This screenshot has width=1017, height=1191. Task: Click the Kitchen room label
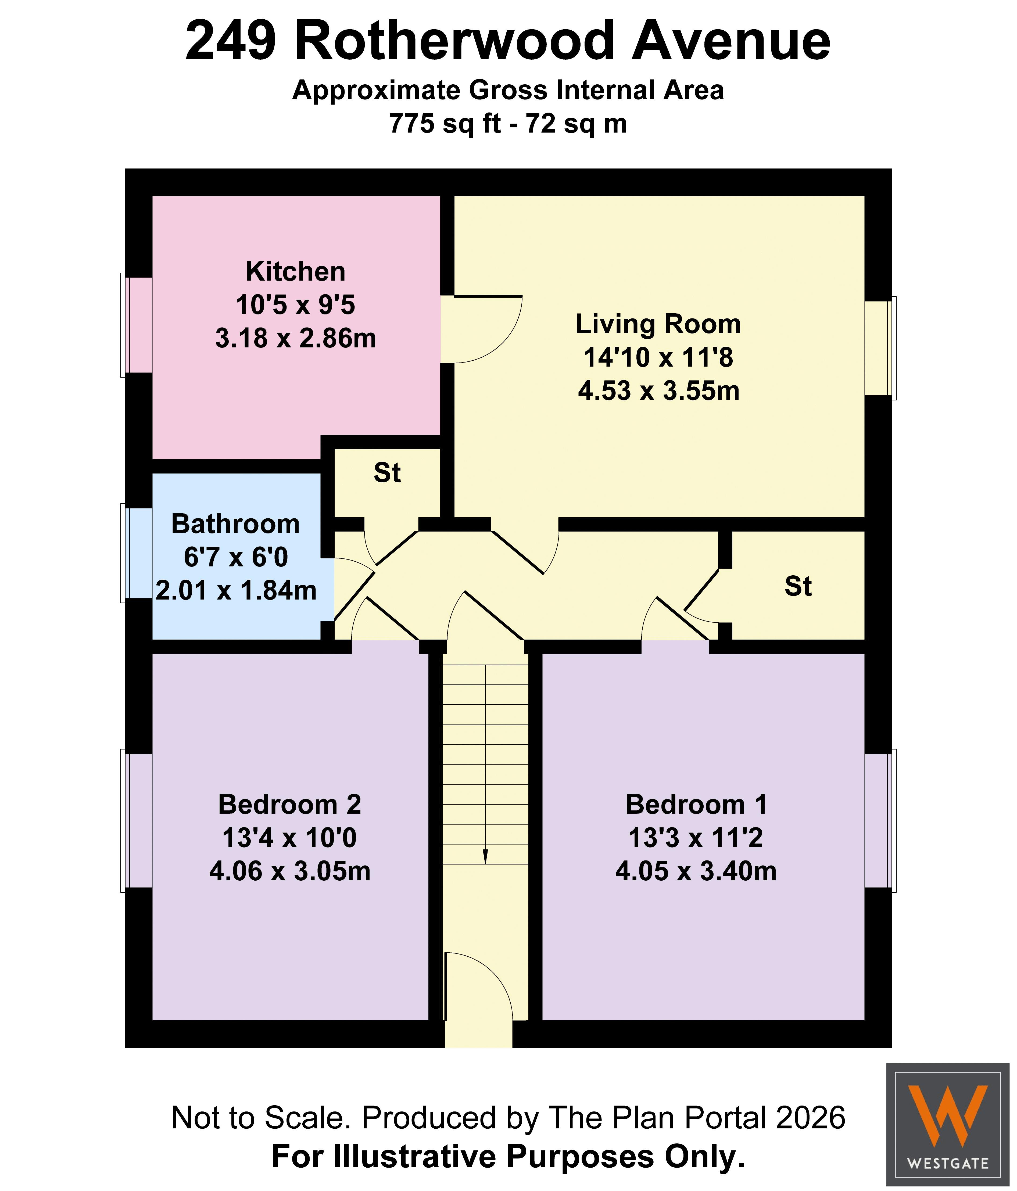[x=295, y=271]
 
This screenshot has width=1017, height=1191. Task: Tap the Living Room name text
[x=658, y=324]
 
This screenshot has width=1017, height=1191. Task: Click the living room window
[x=880, y=348]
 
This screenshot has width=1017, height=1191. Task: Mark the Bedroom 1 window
[x=880, y=820]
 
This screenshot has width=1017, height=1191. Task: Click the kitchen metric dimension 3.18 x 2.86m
[x=295, y=338]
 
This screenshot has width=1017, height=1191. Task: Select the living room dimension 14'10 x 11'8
[x=658, y=357]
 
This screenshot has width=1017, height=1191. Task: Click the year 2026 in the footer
[x=810, y=1117]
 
